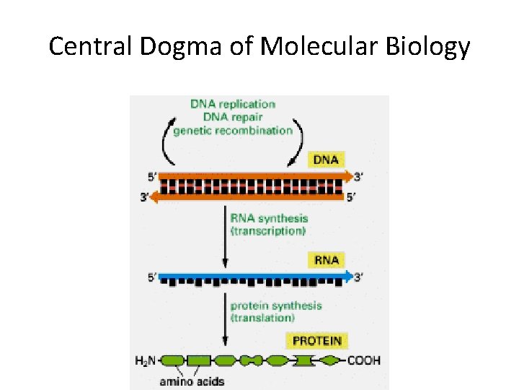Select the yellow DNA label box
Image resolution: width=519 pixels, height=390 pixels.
coord(327,159)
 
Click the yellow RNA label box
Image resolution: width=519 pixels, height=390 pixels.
coord(326,259)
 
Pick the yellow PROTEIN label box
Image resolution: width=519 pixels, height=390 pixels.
coord(316,339)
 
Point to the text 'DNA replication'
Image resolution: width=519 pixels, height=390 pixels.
coord(233,105)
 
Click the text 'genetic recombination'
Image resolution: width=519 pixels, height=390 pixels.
coord(233,131)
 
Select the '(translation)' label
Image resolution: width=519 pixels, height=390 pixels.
coord(263,318)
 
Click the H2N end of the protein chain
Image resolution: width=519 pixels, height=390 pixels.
coord(146,360)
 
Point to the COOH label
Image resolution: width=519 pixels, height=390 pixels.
coord(364,360)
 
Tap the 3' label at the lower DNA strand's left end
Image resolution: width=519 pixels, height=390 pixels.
coord(144,196)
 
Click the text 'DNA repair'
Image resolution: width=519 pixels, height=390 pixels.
coord(232,118)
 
